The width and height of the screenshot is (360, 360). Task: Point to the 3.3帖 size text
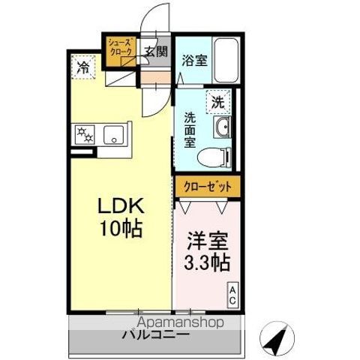click(207, 265)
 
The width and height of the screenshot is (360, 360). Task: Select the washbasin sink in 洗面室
click(223, 128)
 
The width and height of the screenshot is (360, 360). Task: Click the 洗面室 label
click(191, 128)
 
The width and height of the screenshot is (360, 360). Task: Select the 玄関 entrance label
click(157, 52)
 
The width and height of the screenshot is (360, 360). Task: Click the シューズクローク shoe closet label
click(120, 46)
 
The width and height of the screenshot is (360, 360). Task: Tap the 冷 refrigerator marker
click(82, 67)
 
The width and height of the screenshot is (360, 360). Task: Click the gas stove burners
click(83, 136)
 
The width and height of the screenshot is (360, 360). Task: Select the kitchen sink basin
click(115, 136)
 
